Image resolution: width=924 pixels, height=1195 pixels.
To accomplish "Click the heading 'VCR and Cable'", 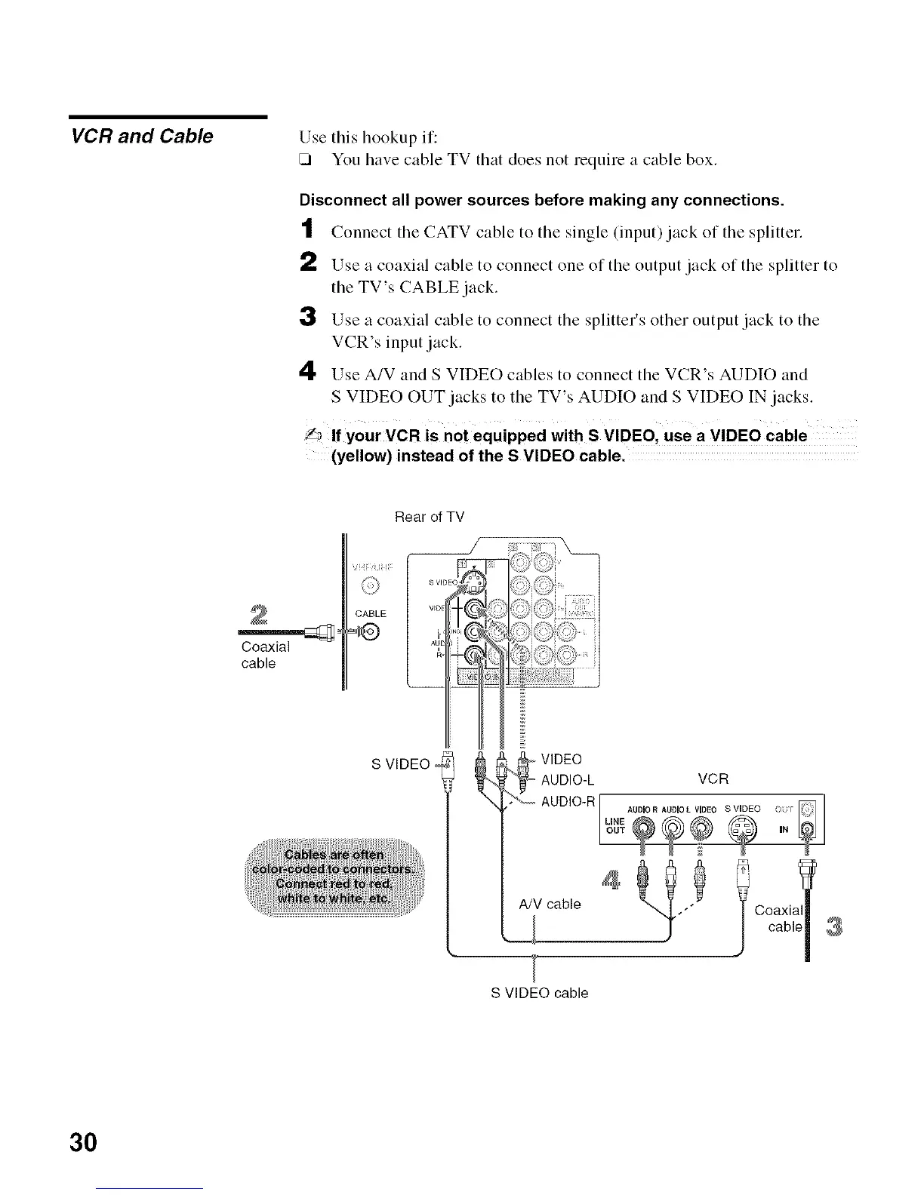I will pos(141,137).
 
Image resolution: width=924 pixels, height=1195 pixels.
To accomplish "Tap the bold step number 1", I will pos(306,229).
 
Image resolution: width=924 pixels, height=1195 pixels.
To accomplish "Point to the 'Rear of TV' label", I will pos(430,518).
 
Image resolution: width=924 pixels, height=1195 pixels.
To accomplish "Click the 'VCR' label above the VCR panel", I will pos(713,779).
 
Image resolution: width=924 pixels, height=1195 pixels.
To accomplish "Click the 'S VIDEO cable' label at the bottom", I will pos(539,993).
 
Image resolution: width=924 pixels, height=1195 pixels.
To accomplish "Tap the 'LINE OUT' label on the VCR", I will pos(616,825).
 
